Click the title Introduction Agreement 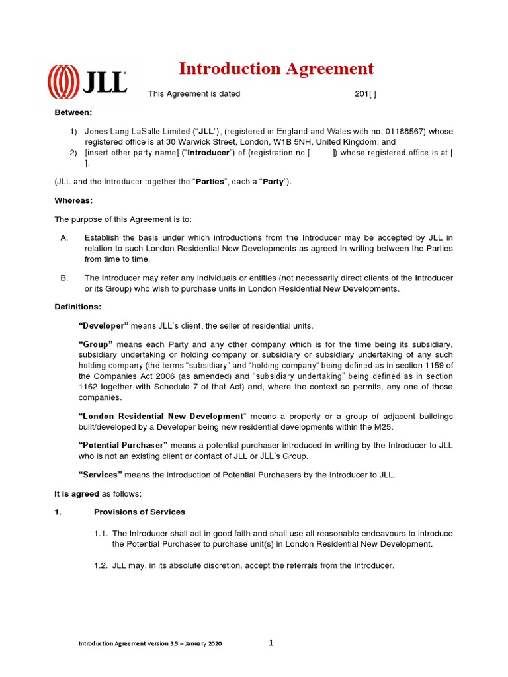[276, 69]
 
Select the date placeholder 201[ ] [365, 94]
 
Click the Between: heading [73, 112]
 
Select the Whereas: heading [73, 200]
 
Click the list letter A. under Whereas [64, 237]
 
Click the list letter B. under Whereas [64, 278]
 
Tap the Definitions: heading [77, 307]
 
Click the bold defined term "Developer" [103, 326]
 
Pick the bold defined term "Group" [97, 344]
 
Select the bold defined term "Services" [101, 475]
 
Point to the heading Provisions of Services [140, 512]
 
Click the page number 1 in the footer [271, 643]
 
